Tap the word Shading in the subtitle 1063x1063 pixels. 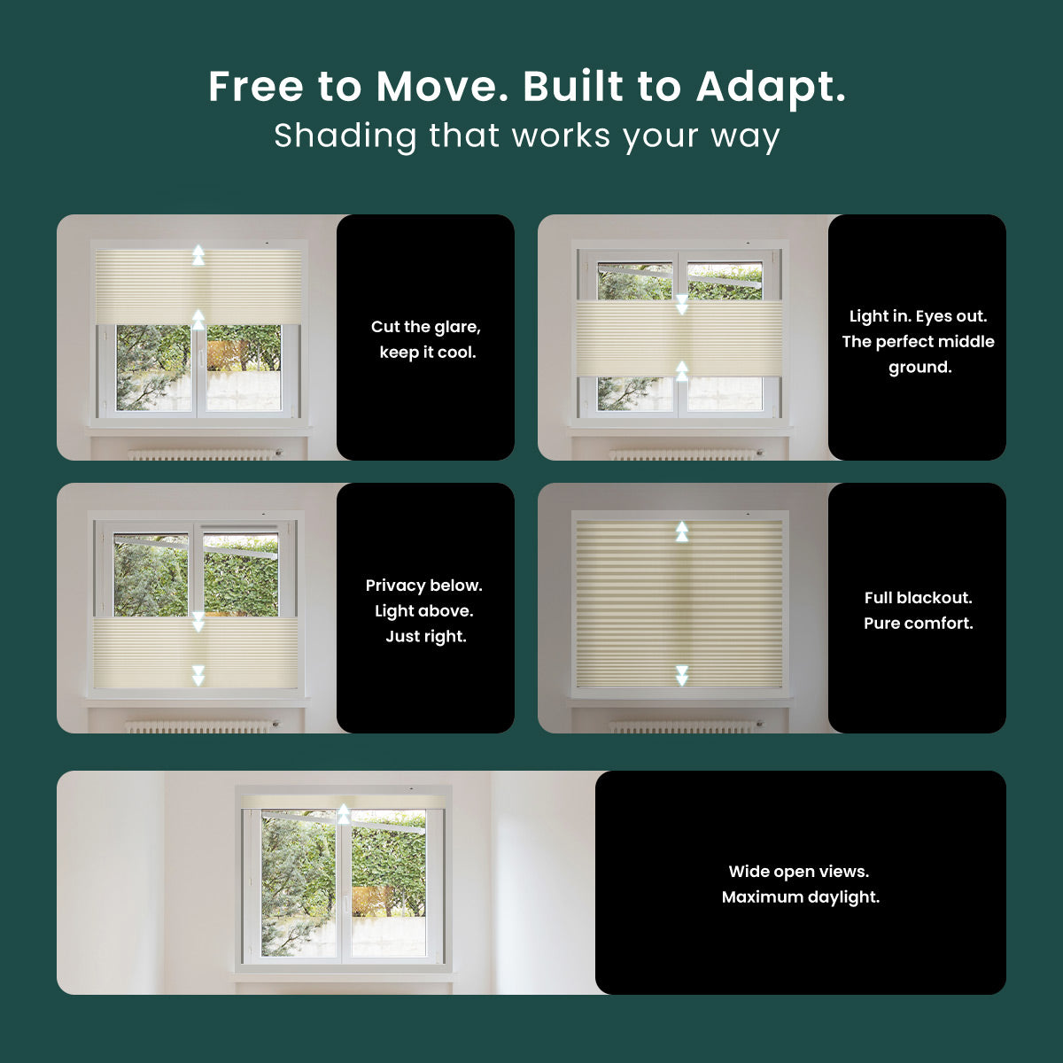pos(345,136)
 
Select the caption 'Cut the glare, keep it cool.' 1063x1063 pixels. pos(426,339)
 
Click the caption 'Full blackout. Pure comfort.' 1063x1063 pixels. pos(919,610)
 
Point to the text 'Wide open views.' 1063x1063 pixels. pos(799,872)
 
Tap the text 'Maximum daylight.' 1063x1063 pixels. pos(801,897)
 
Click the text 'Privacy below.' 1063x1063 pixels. pos(423,586)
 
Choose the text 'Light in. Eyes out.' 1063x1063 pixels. pos(918,316)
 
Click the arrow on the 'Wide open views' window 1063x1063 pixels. pos(344,814)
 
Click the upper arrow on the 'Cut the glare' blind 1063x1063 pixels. pos(198,255)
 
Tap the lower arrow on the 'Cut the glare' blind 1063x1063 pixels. pos(198,319)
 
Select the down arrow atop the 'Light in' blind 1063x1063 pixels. pos(682,305)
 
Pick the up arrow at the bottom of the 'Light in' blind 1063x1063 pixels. pos(682,370)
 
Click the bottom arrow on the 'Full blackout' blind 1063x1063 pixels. pos(682,675)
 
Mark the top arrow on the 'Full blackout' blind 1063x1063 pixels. pos(682,531)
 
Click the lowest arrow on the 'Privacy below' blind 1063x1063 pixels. pos(198,675)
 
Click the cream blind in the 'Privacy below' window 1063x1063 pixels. pos(195,653)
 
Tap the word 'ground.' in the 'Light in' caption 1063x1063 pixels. pos(920,368)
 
